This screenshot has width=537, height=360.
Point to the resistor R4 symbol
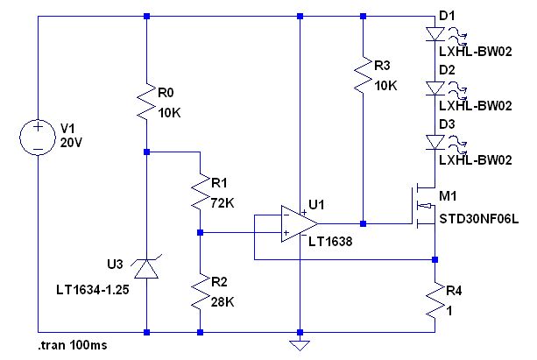click(435, 302)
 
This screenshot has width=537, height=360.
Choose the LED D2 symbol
click(435, 88)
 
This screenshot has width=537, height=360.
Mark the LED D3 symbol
click(435, 140)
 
